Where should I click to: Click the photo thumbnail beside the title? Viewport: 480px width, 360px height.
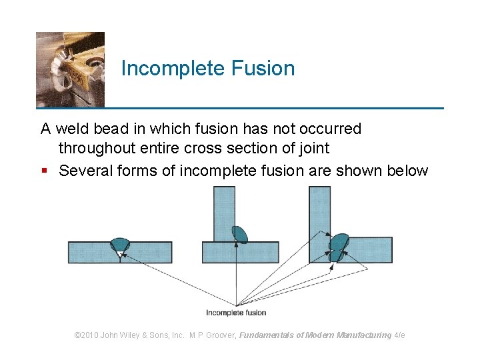point(70,69)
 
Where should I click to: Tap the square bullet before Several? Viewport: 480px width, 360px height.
point(45,171)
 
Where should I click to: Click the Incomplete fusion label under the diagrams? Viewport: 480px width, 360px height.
point(236,313)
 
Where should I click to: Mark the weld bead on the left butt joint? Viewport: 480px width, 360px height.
point(121,243)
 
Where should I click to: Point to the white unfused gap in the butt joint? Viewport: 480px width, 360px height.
point(120,254)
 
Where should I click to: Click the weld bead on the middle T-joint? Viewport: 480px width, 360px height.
point(240,233)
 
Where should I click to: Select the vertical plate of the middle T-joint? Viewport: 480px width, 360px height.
point(224,210)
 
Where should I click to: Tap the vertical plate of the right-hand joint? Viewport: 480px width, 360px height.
point(320,210)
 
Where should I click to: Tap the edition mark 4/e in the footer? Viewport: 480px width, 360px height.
point(399,335)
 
